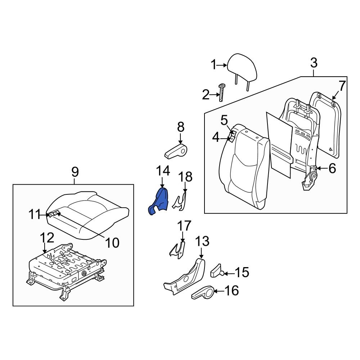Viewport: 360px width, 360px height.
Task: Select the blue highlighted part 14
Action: (x=159, y=202)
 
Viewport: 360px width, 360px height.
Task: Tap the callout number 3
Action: (x=314, y=63)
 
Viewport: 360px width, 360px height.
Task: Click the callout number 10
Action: (x=113, y=243)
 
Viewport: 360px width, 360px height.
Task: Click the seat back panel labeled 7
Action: (x=325, y=126)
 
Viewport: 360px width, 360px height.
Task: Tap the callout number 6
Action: (x=332, y=168)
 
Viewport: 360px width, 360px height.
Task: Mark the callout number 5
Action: (x=224, y=120)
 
